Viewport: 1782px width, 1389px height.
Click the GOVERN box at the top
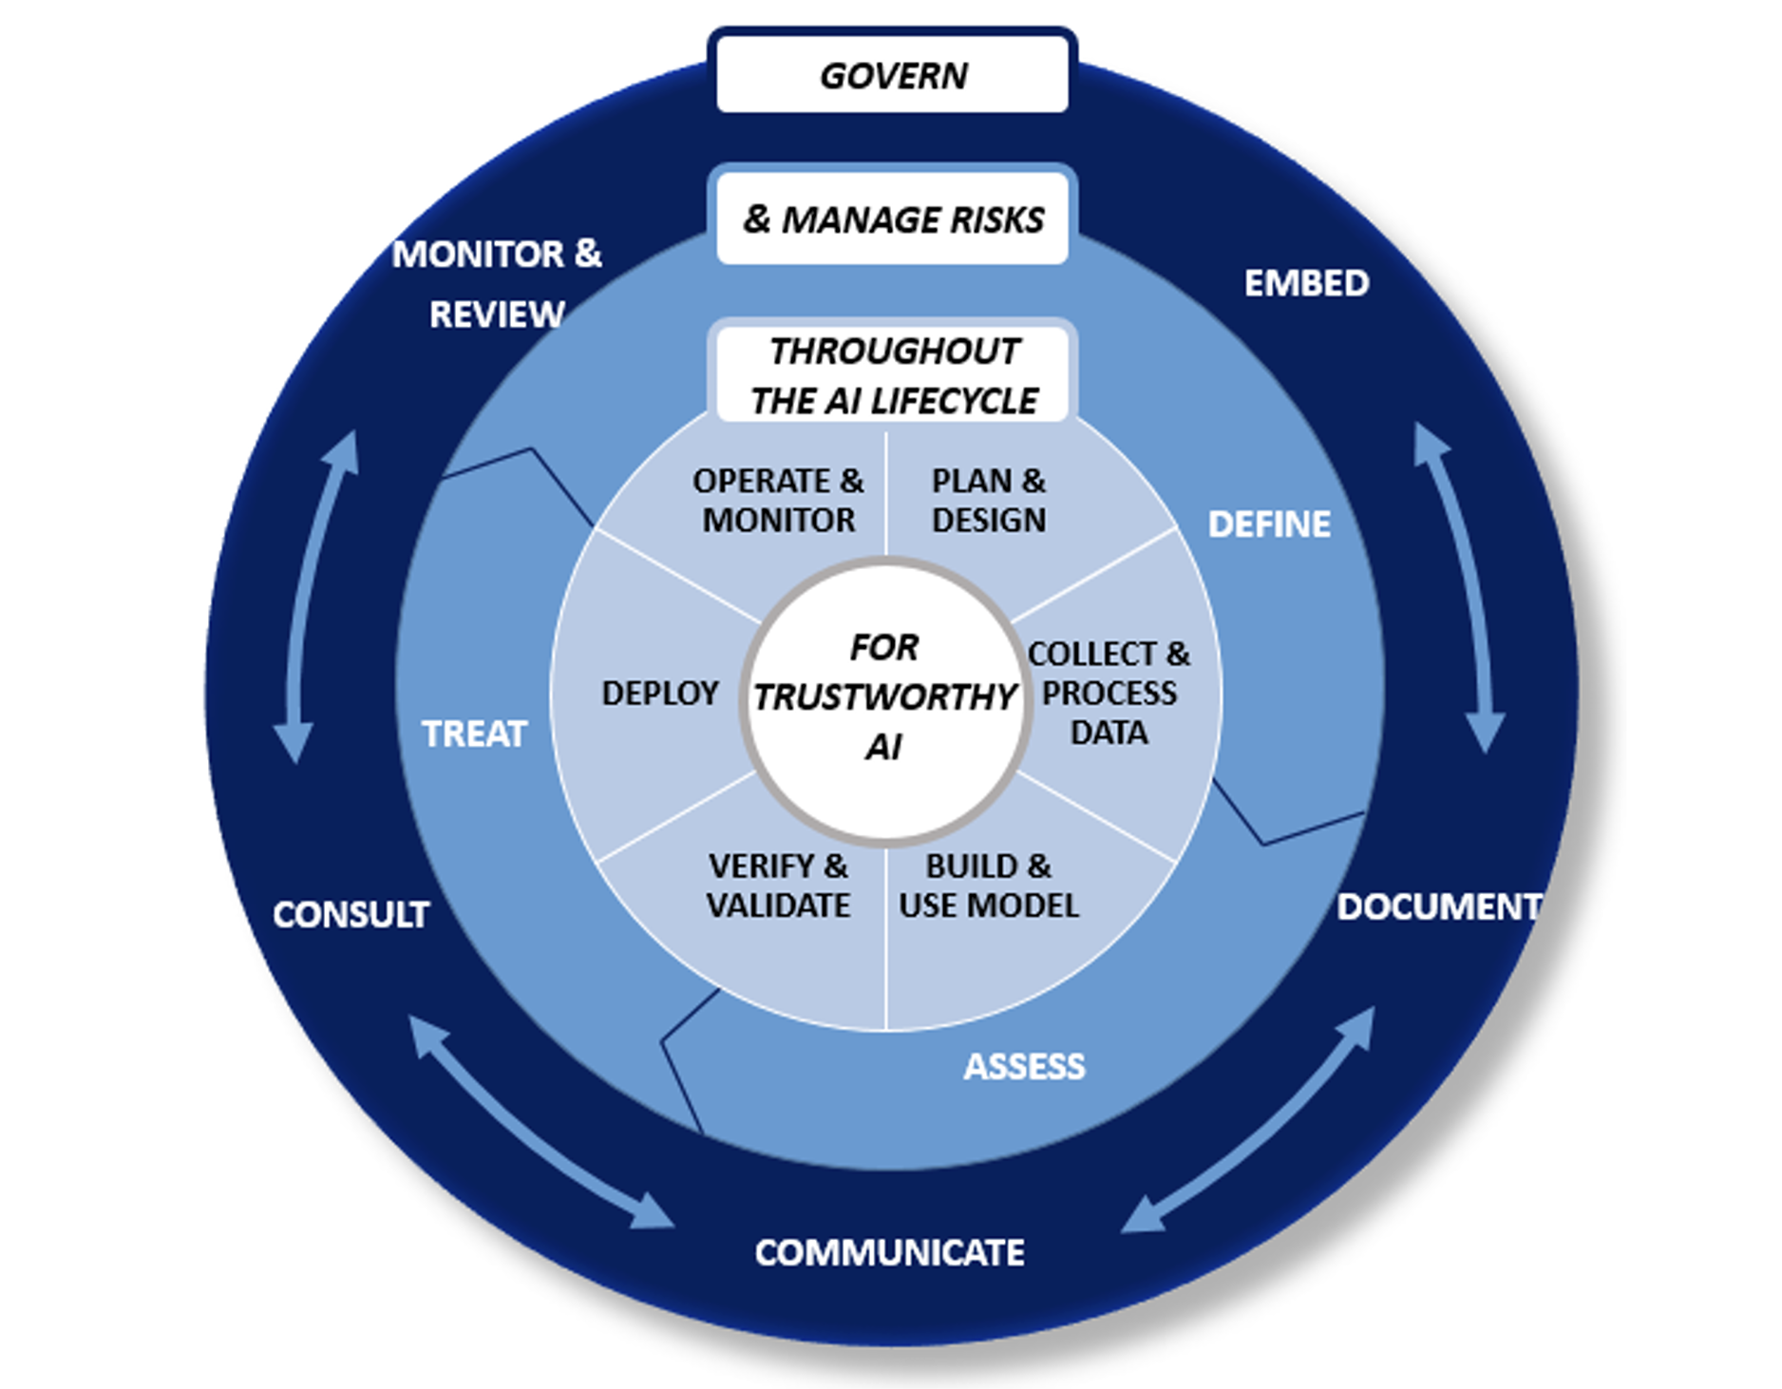pos(892,75)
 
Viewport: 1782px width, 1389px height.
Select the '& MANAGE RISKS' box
pos(892,219)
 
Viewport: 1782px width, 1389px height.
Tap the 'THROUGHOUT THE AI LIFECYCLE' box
pos(892,375)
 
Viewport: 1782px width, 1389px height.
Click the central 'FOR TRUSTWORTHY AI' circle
pos(885,698)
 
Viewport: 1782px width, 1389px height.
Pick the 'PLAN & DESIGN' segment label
pos(988,501)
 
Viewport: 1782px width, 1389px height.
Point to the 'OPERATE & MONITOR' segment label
pos(778,501)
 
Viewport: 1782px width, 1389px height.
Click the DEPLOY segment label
pos(660,694)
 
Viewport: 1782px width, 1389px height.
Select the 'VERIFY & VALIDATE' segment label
pos(778,885)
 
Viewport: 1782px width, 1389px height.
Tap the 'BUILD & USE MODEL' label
pos(988,885)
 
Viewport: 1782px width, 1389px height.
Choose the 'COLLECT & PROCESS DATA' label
pos(1109,694)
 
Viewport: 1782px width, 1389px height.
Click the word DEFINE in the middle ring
pos(1269,524)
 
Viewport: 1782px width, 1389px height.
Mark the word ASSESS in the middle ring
pos(1024,1067)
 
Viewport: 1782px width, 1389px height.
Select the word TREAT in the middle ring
pos(474,733)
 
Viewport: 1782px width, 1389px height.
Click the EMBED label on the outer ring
pos(1306,283)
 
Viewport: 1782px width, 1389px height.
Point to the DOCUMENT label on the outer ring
pos(1438,906)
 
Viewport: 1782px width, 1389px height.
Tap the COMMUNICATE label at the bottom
pos(889,1252)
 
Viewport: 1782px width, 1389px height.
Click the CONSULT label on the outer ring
pos(351,914)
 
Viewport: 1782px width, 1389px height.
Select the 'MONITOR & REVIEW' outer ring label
pos(497,284)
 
